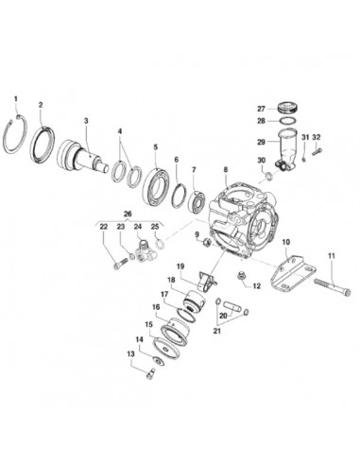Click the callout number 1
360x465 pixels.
[16, 98]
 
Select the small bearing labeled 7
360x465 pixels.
[197, 201]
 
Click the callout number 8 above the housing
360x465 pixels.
[226, 169]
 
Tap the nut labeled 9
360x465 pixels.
[207, 242]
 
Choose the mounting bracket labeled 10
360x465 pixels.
[293, 272]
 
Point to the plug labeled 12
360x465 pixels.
[242, 275]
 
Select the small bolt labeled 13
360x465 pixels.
[150, 373]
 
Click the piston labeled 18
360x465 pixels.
[195, 301]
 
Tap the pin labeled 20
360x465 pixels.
[232, 306]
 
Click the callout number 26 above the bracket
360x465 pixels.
[128, 214]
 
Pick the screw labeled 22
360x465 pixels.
[120, 263]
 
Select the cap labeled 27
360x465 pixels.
[286, 107]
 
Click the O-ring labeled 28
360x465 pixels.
[286, 121]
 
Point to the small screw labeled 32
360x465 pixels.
[317, 151]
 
